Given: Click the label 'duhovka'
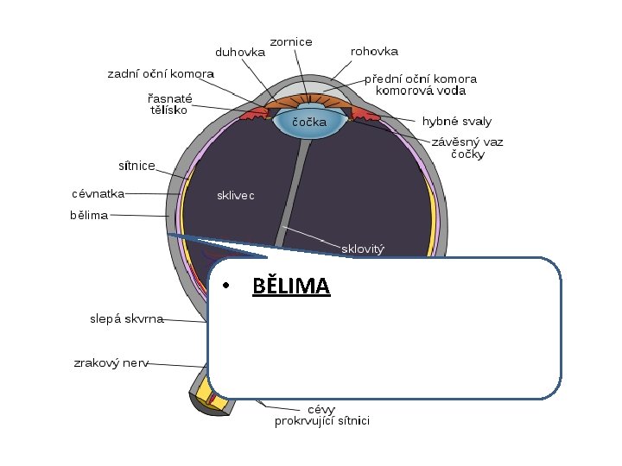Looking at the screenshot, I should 240,51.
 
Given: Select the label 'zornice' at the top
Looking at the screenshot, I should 291,41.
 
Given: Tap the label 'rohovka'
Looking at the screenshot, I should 374,51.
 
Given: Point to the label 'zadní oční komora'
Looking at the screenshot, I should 161,73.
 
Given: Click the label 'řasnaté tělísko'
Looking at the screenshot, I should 170,104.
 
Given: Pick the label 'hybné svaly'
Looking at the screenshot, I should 456,122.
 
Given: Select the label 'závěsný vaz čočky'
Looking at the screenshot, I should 467,148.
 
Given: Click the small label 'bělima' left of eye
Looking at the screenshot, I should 89,215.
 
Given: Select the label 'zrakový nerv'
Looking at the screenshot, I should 111,362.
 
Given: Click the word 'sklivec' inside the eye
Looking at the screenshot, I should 235,195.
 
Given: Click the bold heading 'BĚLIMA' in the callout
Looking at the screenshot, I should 291,286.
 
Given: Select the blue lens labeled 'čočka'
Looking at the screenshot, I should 308,123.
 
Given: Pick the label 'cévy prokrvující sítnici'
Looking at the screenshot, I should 321,415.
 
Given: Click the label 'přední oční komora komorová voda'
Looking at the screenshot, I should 420,84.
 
